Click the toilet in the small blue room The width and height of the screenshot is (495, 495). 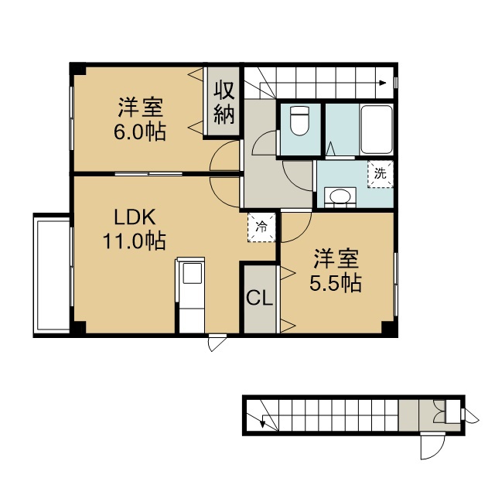pyautogui.click(x=299, y=121)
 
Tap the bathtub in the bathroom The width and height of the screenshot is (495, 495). pyautogui.click(x=377, y=129)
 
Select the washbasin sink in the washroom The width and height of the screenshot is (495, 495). pyautogui.click(x=340, y=197)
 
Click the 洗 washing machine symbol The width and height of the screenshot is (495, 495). pyautogui.click(x=380, y=174)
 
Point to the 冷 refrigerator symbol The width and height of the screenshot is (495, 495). pyautogui.click(x=261, y=227)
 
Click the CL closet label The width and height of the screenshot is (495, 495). pyautogui.click(x=260, y=298)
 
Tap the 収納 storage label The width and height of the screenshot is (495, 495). pyautogui.click(x=224, y=103)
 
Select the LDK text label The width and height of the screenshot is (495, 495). pyautogui.click(x=135, y=217)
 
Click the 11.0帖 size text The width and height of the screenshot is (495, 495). pyautogui.click(x=134, y=241)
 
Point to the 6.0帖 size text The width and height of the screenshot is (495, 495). pyautogui.click(x=140, y=132)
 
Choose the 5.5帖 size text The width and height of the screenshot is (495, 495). pyautogui.click(x=336, y=283)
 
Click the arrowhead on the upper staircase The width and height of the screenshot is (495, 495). pyautogui.click(x=383, y=84)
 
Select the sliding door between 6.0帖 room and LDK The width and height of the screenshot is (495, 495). pyautogui.click(x=148, y=173)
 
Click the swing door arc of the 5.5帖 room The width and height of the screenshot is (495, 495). pyautogui.click(x=301, y=232)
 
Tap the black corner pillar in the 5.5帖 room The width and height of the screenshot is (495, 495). pyautogui.click(x=388, y=327)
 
